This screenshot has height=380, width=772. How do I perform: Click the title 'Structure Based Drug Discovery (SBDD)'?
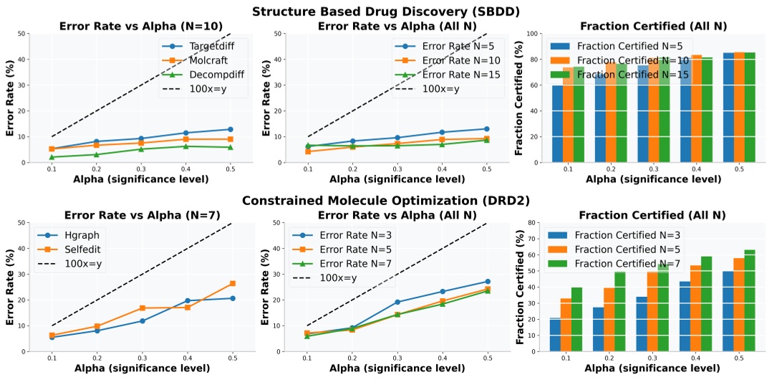coord(386,11)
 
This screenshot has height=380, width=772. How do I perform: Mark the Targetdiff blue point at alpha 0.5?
coord(230,129)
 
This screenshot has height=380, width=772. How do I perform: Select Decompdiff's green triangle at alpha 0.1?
coord(52,157)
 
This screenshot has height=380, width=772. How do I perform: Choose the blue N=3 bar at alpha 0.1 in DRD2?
coord(555,334)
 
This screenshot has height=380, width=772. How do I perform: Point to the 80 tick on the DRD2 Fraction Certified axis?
coord(533,222)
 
